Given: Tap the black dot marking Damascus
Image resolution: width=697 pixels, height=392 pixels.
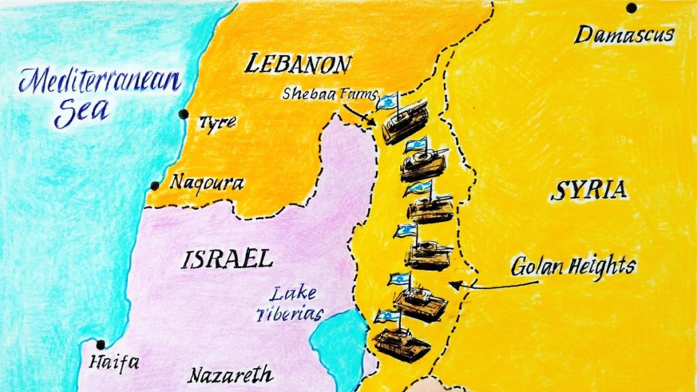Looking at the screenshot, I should (632, 8).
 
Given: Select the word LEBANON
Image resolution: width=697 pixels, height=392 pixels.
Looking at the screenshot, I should (297, 65).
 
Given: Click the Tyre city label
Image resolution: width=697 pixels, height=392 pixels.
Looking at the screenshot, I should (217, 122).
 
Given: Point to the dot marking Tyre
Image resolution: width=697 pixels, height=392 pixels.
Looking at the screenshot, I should (183, 114).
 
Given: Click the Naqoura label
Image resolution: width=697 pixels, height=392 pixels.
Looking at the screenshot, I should (206, 182).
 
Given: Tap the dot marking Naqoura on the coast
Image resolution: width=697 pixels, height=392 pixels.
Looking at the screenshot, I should (155, 185).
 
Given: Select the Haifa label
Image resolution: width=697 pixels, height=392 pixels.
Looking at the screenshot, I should (109, 363).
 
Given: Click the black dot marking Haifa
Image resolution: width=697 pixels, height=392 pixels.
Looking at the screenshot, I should (101, 344).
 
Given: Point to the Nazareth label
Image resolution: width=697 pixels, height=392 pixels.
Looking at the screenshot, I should (231, 375).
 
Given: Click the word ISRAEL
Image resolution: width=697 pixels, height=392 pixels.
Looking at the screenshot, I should (228, 259).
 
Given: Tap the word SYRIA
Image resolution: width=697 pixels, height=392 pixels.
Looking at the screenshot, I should (588, 191).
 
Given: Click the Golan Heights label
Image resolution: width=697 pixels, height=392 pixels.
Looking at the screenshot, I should (573, 265).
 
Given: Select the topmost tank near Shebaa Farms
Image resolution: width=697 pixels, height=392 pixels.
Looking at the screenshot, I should (405, 122).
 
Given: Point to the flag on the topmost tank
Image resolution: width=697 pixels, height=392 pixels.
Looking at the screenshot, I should (386, 102).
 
